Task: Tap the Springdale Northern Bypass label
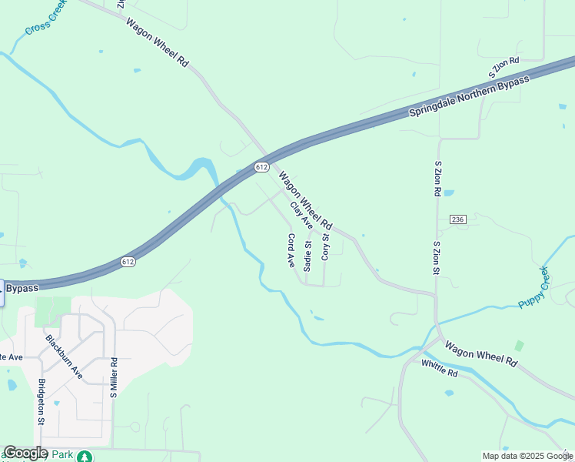pos(469,97)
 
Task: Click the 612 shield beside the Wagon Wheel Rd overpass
pos(262,166)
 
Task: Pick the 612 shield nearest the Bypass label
pos(128,263)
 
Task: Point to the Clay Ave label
pos(301,215)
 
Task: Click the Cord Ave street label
pos(291,250)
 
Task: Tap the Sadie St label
pos(307,256)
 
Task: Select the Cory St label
pos(325,246)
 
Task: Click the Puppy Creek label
pos(534,287)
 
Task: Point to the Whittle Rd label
pos(440,369)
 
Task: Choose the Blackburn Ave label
pos(64,355)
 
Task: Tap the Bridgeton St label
pos(42,401)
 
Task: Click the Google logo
pos(26,453)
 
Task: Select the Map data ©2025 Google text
pos(527,456)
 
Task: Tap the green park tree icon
pos(86,457)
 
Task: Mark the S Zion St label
pos(436,257)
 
